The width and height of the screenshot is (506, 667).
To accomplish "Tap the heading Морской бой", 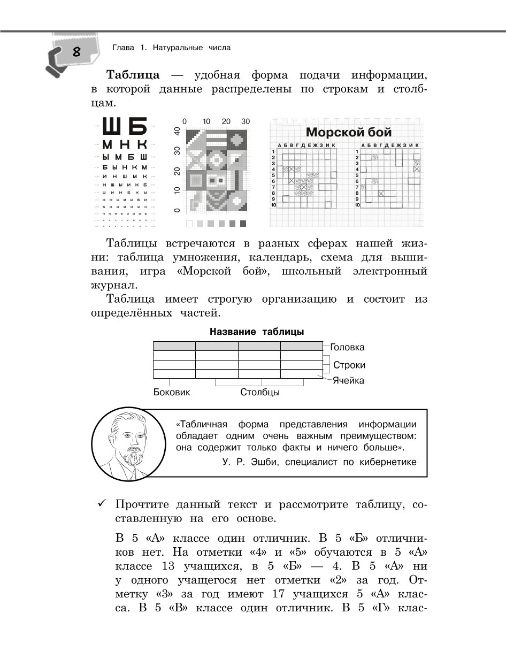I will (x=348, y=132).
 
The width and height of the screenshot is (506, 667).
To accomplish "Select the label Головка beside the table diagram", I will (x=347, y=347).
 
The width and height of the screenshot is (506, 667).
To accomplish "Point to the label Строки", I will (x=349, y=365).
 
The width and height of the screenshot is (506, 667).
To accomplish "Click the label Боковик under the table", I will (x=172, y=392).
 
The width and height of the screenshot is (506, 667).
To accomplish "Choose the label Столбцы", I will (x=260, y=392).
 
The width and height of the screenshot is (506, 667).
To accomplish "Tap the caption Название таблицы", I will (x=257, y=332).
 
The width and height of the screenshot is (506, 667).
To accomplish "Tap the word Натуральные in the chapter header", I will (x=177, y=48).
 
